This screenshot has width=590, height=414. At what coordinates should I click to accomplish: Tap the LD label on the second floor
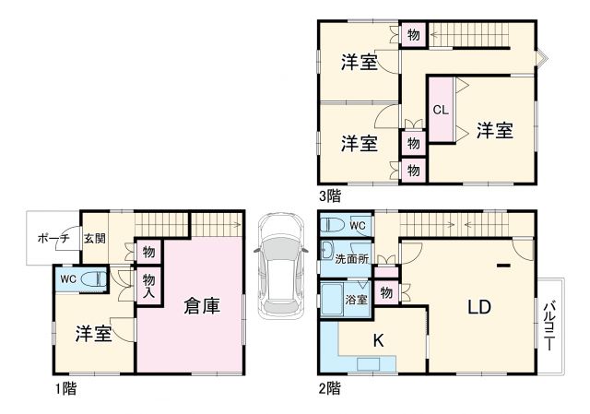pos(478,307)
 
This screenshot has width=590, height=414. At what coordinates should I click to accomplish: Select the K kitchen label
pos(378,340)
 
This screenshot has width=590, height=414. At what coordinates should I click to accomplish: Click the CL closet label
pos(441,110)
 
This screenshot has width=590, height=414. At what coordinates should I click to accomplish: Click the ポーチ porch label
pos(53,238)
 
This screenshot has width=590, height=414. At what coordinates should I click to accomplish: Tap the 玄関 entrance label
pos(94,238)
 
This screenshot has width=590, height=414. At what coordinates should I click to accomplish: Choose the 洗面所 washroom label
pos(351,259)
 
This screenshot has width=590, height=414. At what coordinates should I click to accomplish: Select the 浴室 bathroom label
pos(356,299)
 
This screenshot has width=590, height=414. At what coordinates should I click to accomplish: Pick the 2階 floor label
pos(329,389)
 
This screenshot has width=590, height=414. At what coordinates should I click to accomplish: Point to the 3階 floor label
pos(329,195)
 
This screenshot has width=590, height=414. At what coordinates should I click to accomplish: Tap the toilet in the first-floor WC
pos(93,279)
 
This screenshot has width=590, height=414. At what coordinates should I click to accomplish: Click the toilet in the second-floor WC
pos(334,225)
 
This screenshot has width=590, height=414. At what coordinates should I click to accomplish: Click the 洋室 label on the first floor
pos(94,334)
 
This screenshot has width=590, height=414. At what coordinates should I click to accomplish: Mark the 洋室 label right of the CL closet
pos(495,131)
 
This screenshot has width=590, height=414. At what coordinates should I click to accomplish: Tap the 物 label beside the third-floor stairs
pos(412,35)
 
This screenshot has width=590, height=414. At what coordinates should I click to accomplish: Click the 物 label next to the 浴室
pos(386,293)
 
